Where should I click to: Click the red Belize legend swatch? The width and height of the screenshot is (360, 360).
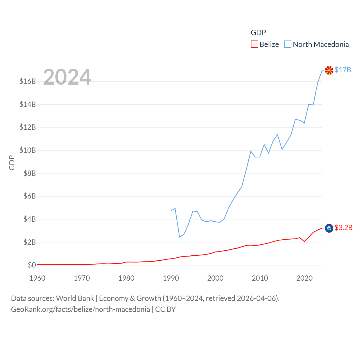(x=254, y=44)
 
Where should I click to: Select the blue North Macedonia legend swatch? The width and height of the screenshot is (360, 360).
(x=287, y=44)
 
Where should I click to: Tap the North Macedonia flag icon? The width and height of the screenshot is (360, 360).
(x=329, y=70)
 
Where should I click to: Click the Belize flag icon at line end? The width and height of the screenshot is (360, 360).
(x=329, y=228)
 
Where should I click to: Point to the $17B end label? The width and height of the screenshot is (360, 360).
(x=343, y=70)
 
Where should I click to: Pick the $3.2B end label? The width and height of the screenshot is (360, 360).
(x=343, y=228)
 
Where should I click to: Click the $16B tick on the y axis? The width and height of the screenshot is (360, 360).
(x=28, y=81)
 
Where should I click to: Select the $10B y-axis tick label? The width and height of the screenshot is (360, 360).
(x=28, y=150)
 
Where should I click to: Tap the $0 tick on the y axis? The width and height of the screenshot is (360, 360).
(x=32, y=265)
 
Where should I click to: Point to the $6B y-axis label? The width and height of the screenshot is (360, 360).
(x=30, y=196)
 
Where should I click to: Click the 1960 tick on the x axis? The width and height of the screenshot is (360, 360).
(x=37, y=278)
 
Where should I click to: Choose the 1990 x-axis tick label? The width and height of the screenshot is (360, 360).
(x=171, y=278)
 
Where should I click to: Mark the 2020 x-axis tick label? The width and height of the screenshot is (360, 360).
(x=304, y=278)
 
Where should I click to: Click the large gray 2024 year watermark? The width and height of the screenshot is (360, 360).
(x=67, y=77)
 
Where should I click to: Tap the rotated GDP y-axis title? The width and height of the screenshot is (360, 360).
(x=12, y=163)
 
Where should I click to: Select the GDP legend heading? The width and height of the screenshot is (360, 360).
(x=258, y=33)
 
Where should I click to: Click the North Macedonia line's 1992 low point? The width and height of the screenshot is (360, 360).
(x=179, y=237)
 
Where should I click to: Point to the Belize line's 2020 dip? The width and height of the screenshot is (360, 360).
(x=304, y=241)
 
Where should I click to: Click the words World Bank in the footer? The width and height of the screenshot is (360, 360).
(x=75, y=298)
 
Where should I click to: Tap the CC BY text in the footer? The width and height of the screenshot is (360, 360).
(x=165, y=309)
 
